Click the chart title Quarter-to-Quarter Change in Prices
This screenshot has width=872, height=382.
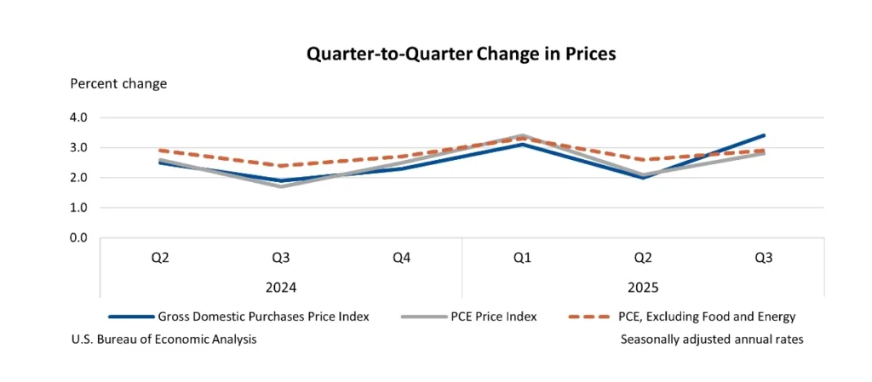461,54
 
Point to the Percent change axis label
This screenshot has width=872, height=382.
118,83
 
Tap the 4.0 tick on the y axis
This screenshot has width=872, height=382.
80,117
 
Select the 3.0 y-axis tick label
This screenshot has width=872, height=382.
80,147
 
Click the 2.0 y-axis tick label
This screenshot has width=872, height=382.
80,178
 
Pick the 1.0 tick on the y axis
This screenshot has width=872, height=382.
80,208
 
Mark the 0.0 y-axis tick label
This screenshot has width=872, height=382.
80,237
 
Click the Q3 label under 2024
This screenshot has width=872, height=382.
281,258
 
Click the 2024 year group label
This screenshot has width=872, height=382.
281,288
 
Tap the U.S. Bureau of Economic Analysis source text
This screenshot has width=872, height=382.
165,339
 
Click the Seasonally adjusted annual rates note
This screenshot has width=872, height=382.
712,339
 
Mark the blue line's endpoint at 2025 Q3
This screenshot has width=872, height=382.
763,135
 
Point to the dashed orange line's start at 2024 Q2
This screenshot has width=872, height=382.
160,151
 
